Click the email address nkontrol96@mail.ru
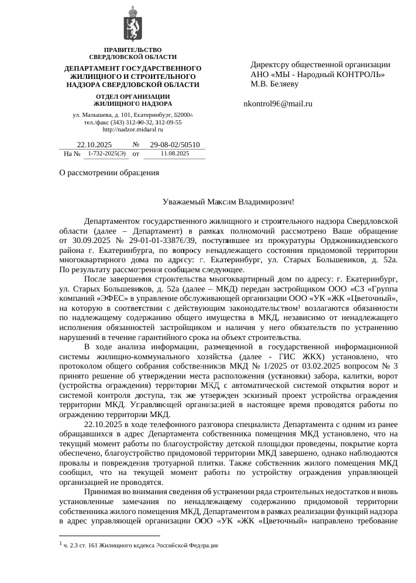coord(278,104)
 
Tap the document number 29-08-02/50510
coord(175,144)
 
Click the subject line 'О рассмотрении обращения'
coord(109,172)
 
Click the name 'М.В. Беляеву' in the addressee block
coord(274,84)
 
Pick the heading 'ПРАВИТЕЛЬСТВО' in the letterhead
coord(132,50)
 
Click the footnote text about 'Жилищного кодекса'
coord(140,545)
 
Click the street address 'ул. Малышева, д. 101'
coord(97,116)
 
